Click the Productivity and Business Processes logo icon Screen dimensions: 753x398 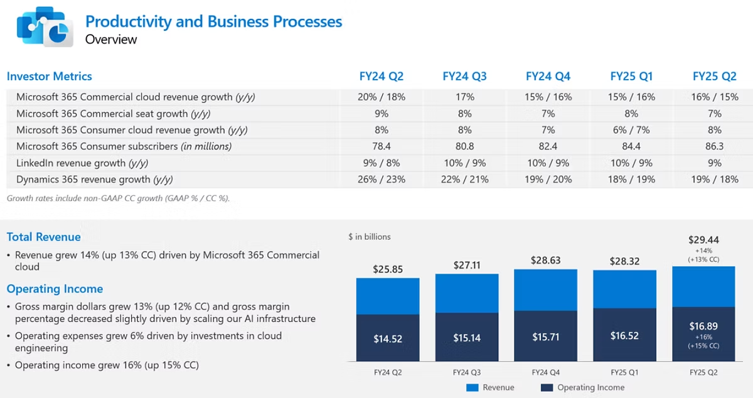pyautogui.click(x=45, y=26)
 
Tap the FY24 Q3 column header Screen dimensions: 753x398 pyautogui.click(x=464, y=77)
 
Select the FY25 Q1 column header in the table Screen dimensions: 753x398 pyautogui.click(x=631, y=77)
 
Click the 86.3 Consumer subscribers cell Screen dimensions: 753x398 pyautogui.click(x=714, y=146)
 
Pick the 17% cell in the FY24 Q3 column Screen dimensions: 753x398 pyautogui.click(x=464, y=97)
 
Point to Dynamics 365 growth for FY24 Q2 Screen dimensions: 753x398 pyautogui.click(x=382, y=180)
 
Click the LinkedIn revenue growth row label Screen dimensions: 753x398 pyautogui.click(x=82, y=163)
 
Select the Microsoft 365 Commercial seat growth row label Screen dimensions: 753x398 pyautogui.click(x=114, y=114)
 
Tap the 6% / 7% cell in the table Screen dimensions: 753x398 pyautogui.click(x=631, y=130)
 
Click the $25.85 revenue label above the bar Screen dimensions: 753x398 pyautogui.click(x=388, y=269)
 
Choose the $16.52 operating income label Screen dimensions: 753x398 pyautogui.click(x=624, y=335)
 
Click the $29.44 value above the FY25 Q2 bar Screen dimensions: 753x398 pyautogui.click(x=703, y=240)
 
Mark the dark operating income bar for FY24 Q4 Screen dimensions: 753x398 pyautogui.click(x=545, y=336)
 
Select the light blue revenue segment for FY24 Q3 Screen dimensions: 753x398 pyautogui.click(x=467, y=293)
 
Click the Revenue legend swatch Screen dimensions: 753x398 pyautogui.click(x=472, y=387)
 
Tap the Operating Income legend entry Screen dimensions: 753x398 pyautogui.click(x=582, y=387)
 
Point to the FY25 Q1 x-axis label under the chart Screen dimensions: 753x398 pyautogui.click(x=624, y=372)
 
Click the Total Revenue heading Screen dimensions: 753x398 pyautogui.click(x=44, y=237)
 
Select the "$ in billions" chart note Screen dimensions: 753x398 pyautogui.click(x=370, y=237)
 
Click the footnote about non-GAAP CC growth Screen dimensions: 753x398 pyautogui.click(x=119, y=198)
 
